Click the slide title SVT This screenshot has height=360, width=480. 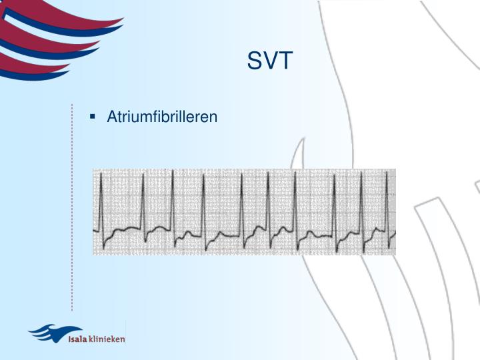[x=270, y=61]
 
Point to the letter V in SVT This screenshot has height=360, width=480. [x=270, y=61]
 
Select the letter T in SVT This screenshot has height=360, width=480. [x=285, y=61]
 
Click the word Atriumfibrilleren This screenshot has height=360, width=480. [x=162, y=117]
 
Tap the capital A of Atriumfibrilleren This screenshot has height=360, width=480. [x=111, y=117]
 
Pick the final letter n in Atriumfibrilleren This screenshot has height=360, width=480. [x=214, y=118]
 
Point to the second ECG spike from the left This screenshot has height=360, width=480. [x=142, y=200]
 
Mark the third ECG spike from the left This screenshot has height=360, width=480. [x=173, y=200]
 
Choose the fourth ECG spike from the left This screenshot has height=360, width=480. [x=203, y=200]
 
